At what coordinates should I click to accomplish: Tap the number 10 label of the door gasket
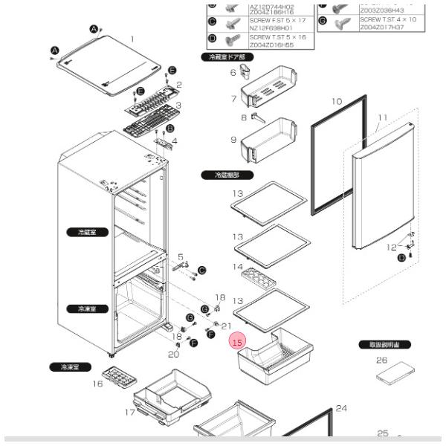click(336, 101)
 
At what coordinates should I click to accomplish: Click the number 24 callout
click(341, 408)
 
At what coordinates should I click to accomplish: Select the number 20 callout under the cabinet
click(173, 354)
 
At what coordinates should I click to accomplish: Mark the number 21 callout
click(227, 326)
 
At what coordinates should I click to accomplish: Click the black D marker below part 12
click(401, 257)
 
